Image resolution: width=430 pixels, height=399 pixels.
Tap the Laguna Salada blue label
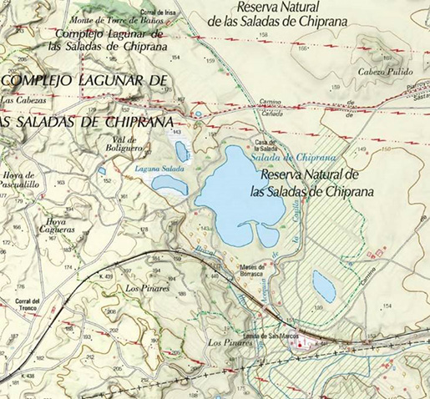pyautogui.click(x=154, y=168)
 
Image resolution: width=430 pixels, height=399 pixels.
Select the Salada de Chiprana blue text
pyautogui.click(x=293, y=157)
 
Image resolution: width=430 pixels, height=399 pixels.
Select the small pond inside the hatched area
pyautogui.click(x=323, y=285)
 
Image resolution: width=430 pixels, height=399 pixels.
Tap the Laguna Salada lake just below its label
pyautogui.click(x=169, y=185)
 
